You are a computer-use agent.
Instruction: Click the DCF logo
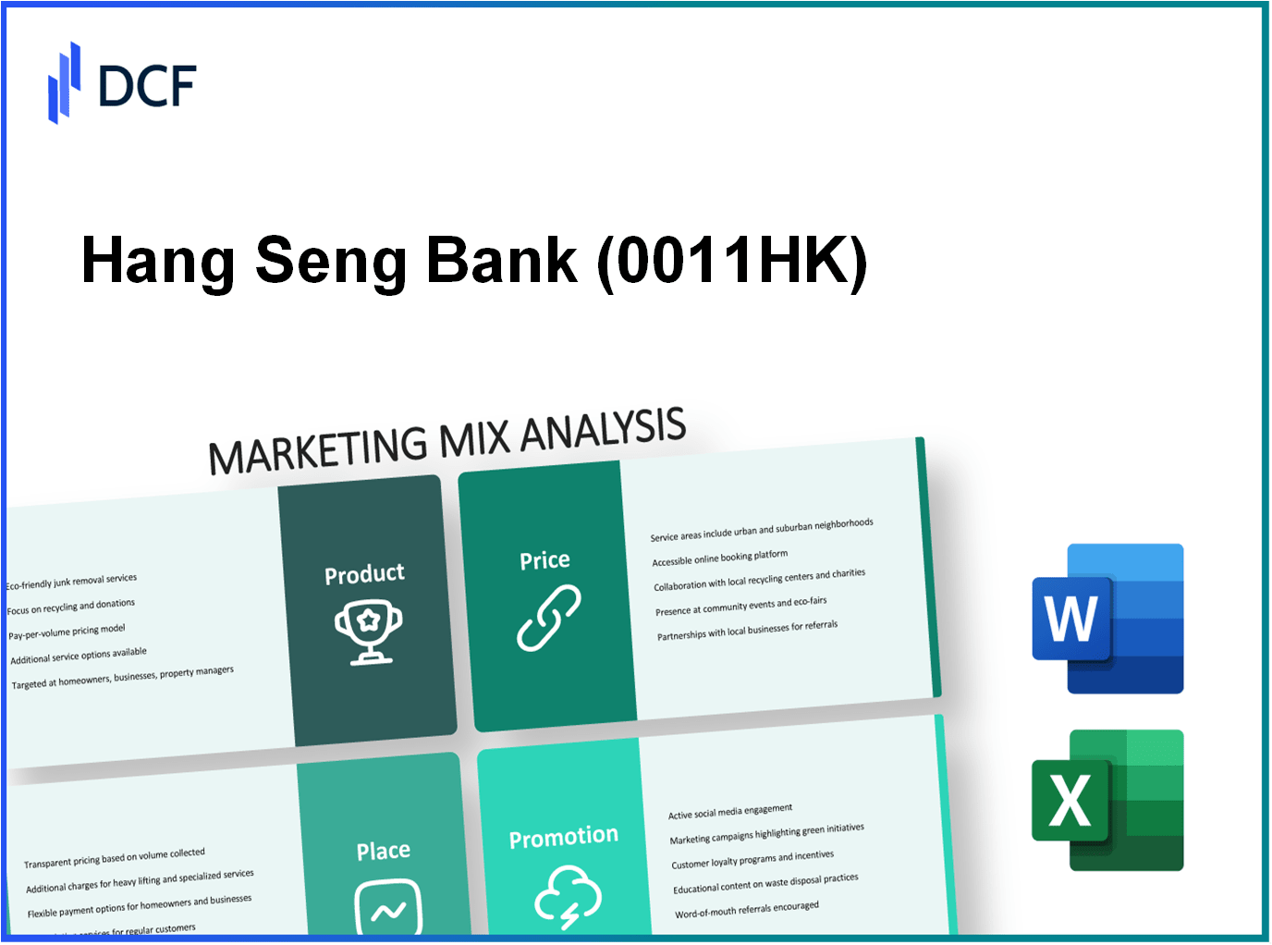[122, 83]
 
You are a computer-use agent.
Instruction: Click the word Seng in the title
[330, 261]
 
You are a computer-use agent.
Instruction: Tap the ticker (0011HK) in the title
[732, 261]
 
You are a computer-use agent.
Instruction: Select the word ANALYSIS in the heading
[603, 430]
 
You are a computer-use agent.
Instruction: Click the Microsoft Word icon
[1107, 619]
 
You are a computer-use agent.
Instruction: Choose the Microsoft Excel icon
[1107, 800]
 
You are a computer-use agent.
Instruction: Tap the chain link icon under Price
[548, 618]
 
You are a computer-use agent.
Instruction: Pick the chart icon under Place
[388, 909]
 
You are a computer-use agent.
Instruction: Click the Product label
[364, 575]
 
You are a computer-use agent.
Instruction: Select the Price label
[544, 560]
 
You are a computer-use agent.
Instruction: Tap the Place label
[384, 851]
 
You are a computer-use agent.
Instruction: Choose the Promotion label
[564, 838]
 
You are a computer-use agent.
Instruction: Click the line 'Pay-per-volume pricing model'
[67, 632]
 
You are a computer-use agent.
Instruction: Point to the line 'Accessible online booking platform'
[720, 558]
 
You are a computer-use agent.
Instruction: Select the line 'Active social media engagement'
[730, 812]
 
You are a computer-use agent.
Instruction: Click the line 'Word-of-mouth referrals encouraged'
[747, 911]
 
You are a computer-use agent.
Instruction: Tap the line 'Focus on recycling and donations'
[71, 607]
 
